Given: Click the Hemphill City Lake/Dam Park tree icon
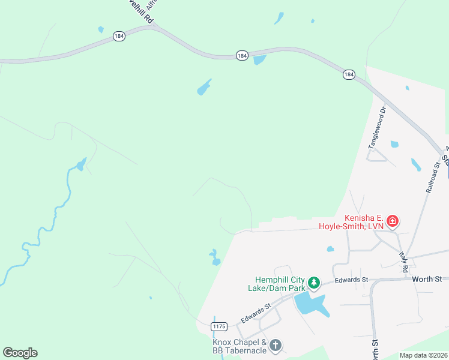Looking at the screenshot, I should pyautogui.click(x=313, y=282).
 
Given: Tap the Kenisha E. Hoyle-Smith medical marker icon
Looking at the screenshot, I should pyautogui.click(x=392, y=221).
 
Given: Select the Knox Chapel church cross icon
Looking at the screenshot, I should pyautogui.click(x=275, y=345).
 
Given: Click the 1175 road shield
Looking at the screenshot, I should pyautogui.click(x=220, y=326).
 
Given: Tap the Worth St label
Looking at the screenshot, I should pyautogui.click(x=426, y=279).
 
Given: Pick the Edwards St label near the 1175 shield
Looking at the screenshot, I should pyautogui.click(x=256, y=314).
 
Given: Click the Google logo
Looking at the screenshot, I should pyautogui.click(x=20, y=353).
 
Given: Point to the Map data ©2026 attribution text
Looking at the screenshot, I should pyautogui.click(x=423, y=355).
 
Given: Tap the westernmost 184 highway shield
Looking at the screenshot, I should pyautogui.click(x=119, y=37).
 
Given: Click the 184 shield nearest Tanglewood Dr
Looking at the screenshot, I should pyautogui.click(x=349, y=74).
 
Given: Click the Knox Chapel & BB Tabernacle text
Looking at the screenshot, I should pyautogui.click(x=238, y=346).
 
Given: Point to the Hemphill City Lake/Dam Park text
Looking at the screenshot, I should pyautogui.click(x=281, y=283).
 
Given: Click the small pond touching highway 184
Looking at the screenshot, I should pyautogui.click(x=259, y=60).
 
